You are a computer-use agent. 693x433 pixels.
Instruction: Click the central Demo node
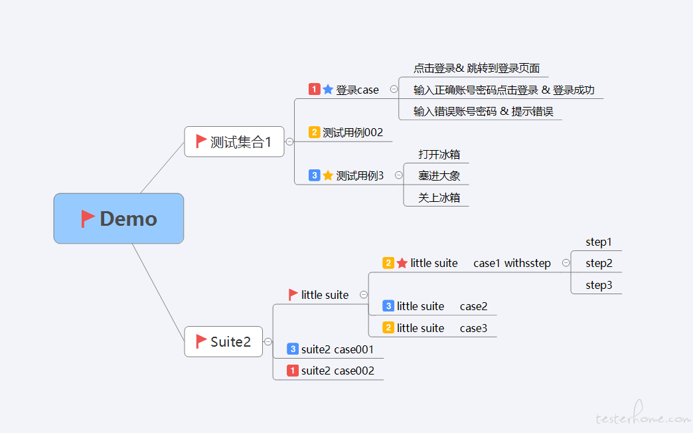click(119, 218)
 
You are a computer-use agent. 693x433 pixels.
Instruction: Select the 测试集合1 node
click(234, 141)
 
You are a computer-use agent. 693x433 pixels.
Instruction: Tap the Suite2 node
click(224, 342)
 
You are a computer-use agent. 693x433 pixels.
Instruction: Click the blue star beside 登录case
click(328, 90)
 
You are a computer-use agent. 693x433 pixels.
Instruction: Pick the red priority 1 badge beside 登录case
click(315, 90)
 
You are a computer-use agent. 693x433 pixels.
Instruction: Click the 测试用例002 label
click(352, 132)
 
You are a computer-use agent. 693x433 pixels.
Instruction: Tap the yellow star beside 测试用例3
click(328, 176)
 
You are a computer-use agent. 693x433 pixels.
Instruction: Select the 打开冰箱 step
click(439, 154)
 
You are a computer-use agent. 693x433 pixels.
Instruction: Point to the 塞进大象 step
click(439, 176)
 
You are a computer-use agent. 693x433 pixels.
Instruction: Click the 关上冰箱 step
click(439, 197)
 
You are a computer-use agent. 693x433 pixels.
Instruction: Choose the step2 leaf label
click(599, 263)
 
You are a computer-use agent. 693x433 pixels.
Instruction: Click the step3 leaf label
click(599, 285)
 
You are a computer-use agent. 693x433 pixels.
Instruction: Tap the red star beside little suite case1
click(402, 263)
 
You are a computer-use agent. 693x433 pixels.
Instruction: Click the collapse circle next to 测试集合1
click(289, 141)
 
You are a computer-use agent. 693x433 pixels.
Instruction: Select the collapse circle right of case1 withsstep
click(566, 263)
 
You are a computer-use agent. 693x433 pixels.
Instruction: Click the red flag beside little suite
click(293, 295)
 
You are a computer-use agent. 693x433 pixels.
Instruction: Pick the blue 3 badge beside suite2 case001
click(293, 349)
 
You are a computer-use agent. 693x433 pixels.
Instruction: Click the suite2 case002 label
click(337, 371)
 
